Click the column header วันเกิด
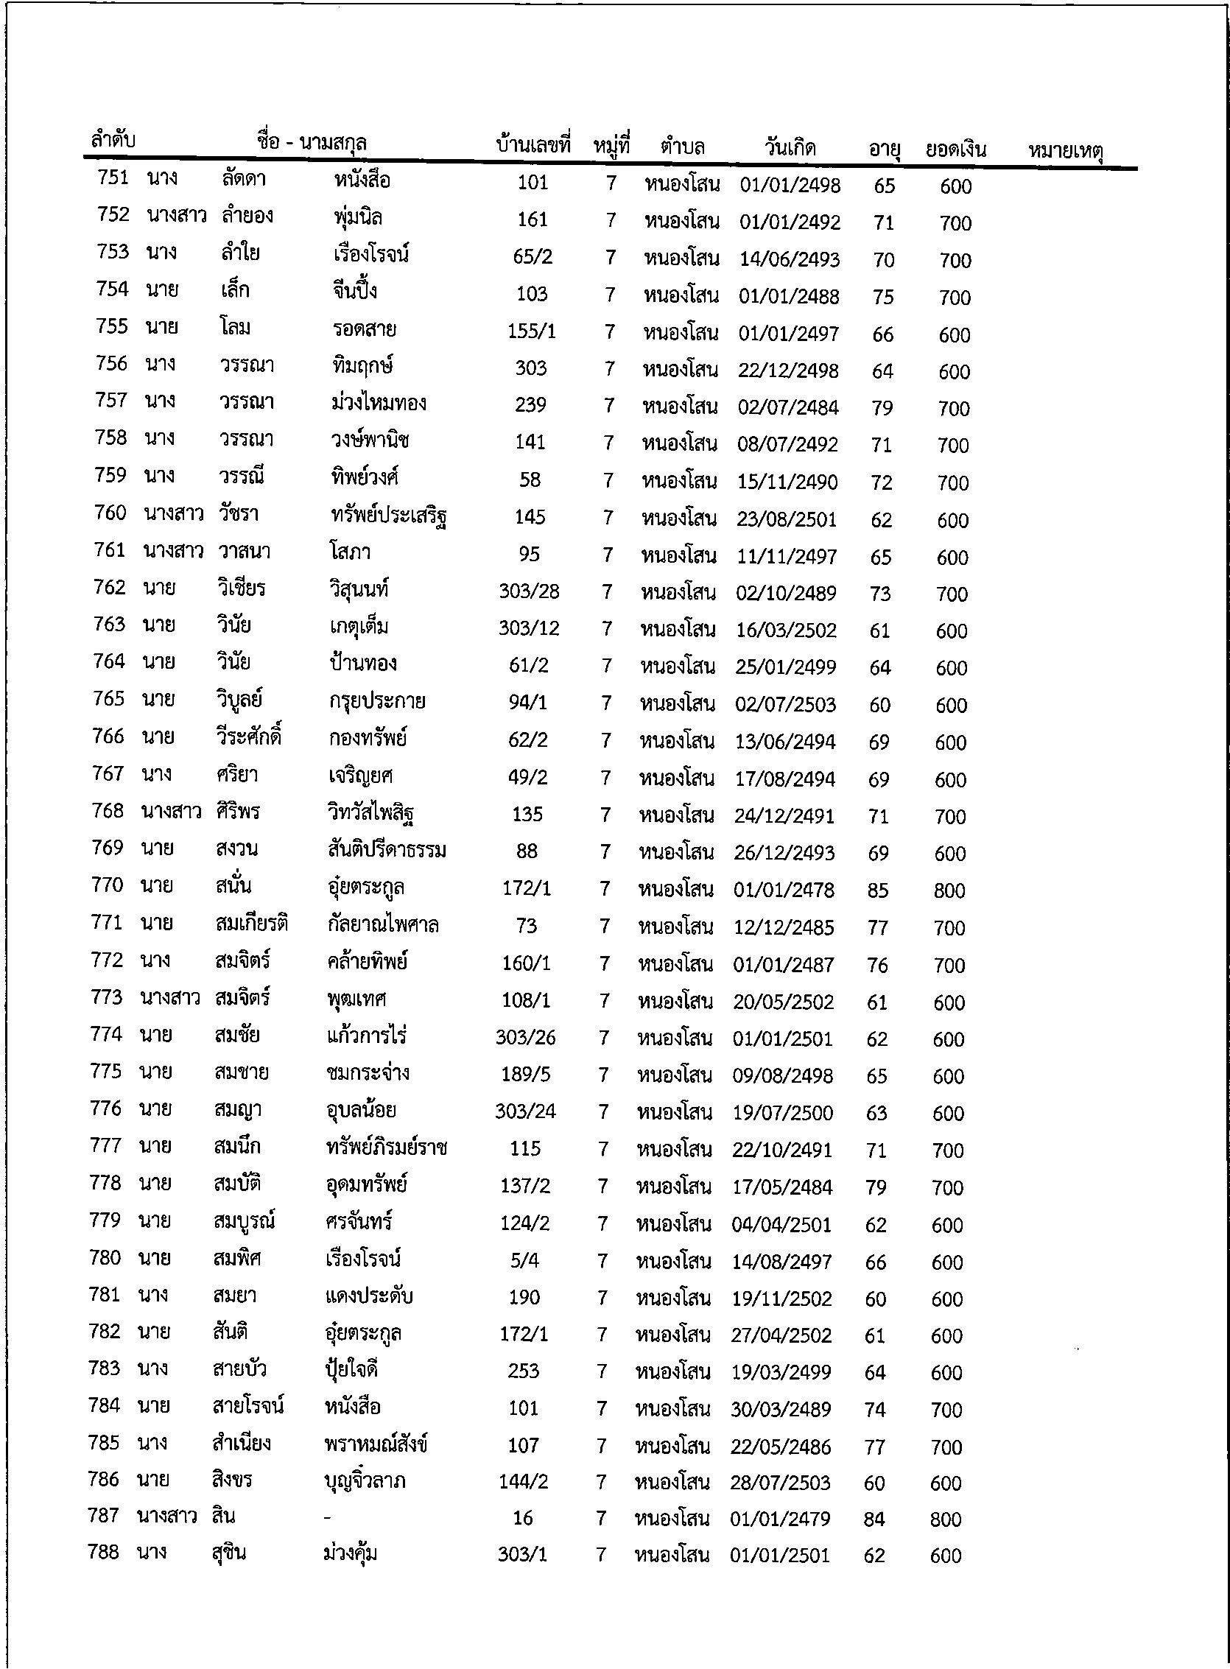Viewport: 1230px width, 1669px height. point(790,147)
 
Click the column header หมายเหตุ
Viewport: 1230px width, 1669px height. point(1066,151)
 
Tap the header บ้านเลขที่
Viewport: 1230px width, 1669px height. point(533,144)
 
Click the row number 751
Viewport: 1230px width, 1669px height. point(113,178)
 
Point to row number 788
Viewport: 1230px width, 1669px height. point(104,1552)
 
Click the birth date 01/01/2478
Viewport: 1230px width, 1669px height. point(784,890)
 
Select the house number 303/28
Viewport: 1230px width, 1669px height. point(529,592)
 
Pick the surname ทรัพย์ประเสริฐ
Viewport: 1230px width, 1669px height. point(389,516)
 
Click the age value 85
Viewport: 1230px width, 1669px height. point(878,890)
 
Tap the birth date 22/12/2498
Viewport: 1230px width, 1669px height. point(789,370)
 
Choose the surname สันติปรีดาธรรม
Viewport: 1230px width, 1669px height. point(387,850)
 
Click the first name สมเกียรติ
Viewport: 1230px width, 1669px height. point(251,924)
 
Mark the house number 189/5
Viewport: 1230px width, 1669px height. point(526,1074)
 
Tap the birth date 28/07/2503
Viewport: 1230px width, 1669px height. point(779,1483)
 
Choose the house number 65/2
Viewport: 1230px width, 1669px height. point(533,257)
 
